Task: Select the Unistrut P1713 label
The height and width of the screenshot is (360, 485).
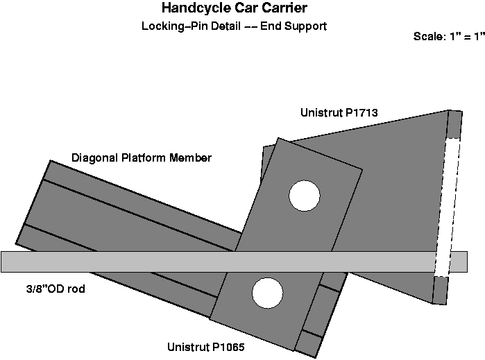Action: (x=339, y=112)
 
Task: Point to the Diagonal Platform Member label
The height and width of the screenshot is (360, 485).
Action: (x=142, y=158)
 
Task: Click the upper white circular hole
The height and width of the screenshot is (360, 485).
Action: (x=305, y=195)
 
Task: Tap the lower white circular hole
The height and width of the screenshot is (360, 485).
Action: (x=267, y=293)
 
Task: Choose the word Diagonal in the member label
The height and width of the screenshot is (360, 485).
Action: (x=93, y=158)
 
